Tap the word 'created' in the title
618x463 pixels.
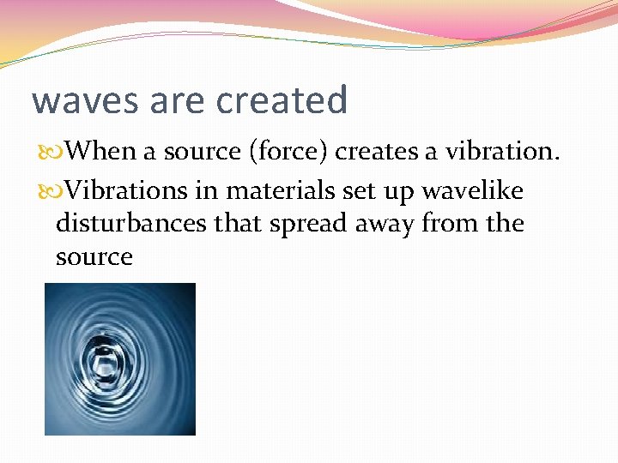282,100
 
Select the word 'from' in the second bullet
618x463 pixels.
454,223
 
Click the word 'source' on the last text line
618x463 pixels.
94,257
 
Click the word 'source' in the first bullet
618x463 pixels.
203,152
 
